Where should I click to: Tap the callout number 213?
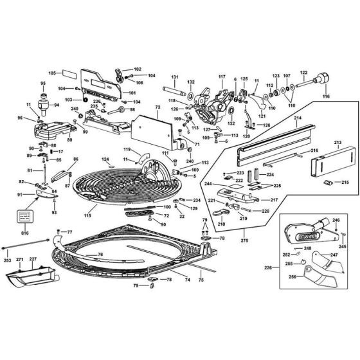coord(337,142)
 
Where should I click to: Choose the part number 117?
coord(222,78)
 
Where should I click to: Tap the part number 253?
coord(7,261)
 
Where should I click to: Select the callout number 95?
coord(44,84)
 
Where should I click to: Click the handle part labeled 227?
coord(29,277)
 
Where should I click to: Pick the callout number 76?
coord(100,255)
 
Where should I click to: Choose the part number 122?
coord(303,73)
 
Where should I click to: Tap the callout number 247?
coord(334,255)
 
